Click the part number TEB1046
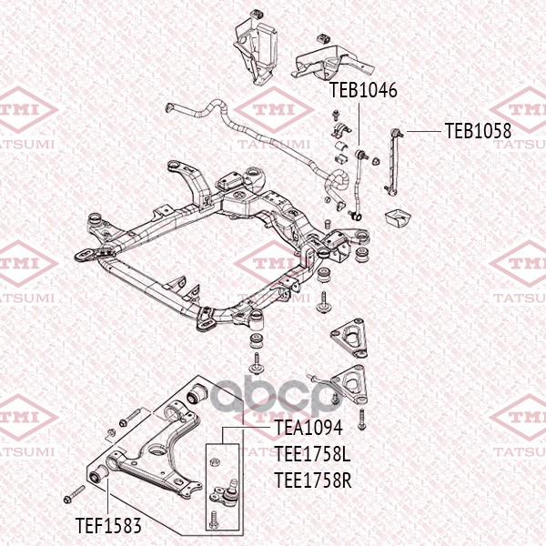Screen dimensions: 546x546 [363, 92]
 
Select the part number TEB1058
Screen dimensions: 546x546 [478, 131]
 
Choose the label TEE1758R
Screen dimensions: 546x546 [312, 479]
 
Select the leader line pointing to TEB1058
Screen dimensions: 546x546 [424, 132]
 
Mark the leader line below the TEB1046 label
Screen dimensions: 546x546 [357, 124]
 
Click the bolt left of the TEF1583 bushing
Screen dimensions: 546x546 [73, 497]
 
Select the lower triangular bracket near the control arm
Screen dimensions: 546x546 [353, 382]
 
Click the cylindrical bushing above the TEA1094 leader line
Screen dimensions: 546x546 [197, 396]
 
